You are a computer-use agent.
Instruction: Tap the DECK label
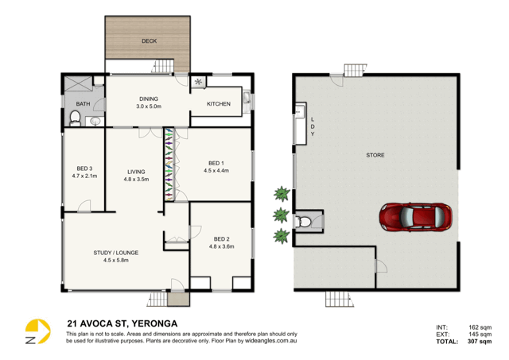point(149,41)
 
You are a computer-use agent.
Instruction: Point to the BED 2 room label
point(221,238)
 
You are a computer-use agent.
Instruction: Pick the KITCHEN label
point(219,104)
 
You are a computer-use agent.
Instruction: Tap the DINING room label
point(149,99)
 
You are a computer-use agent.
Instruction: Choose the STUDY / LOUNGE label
point(111,253)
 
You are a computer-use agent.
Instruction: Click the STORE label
point(375,155)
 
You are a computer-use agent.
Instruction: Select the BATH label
point(83,104)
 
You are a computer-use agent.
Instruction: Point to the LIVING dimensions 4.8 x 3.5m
point(137,180)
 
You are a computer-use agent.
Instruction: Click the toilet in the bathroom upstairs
point(74,119)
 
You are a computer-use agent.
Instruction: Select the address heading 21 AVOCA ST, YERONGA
point(121,323)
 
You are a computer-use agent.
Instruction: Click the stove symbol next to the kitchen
point(197,81)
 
